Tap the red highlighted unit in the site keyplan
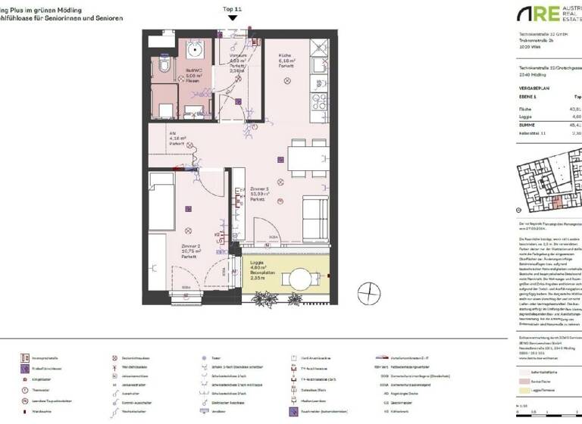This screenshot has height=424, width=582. pyautogui.click(x=557, y=201)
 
